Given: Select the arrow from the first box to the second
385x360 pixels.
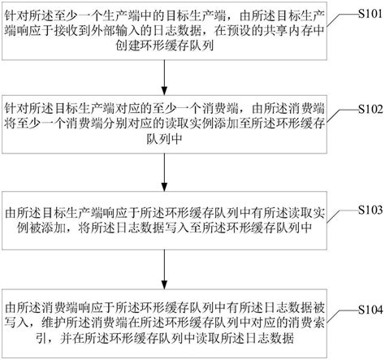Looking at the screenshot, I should point(164,74).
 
